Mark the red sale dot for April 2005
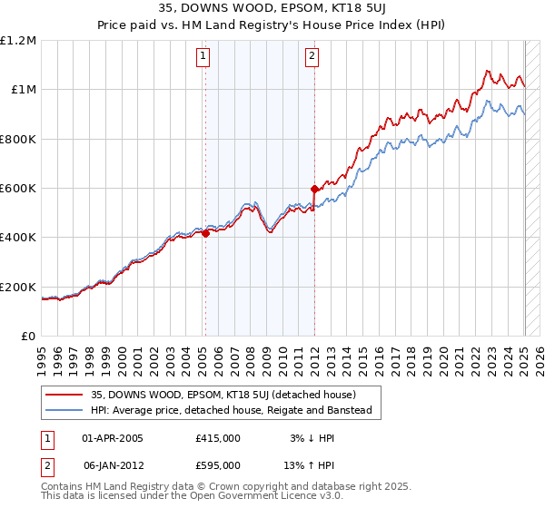coord(205,233)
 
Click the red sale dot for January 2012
coord(314,190)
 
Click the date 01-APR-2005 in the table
coord(113,438)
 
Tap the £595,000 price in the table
coord(218,465)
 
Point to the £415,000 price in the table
coord(218,438)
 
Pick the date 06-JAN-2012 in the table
coord(113,465)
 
